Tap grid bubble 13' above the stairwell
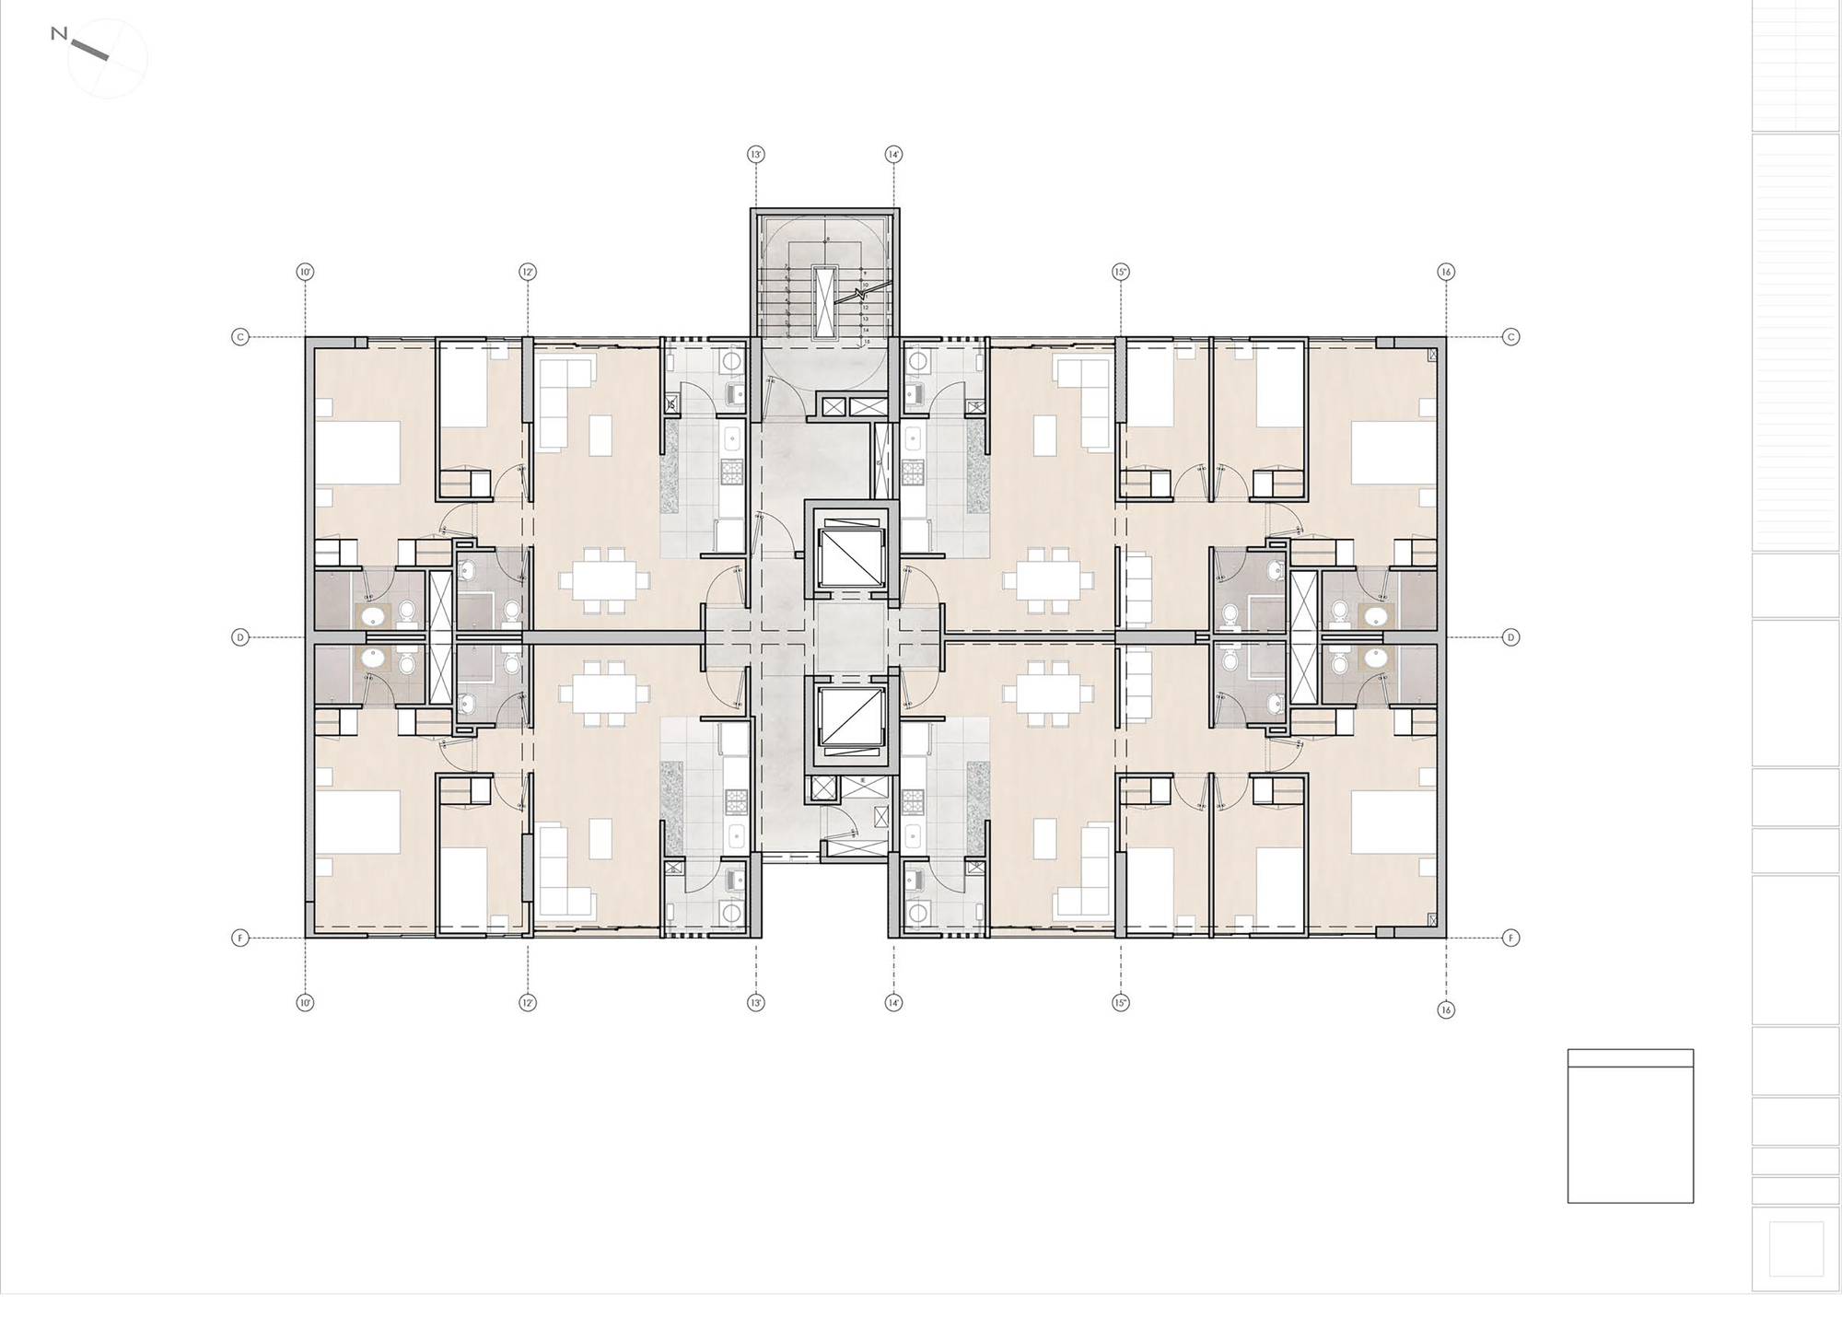756,155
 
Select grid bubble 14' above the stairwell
892,155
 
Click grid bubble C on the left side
240,337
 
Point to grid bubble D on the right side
1510,636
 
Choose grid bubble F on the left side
240,938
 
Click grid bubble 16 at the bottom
1446,1009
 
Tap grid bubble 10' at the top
305,272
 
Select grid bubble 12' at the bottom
528,1002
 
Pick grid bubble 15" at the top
1121,272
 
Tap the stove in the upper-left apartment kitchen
731,472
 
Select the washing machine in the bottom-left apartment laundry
733,913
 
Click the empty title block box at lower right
1630,1134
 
